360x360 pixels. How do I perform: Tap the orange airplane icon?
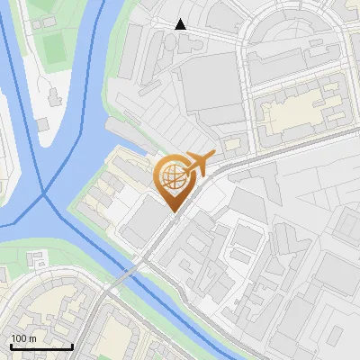[x=200, y=164]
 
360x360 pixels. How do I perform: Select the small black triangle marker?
[x=181, y=24]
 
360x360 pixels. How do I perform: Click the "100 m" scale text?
[x=24, y=338]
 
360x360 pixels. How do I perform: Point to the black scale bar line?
[x=41, y=346]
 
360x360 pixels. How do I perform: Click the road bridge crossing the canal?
[x=131, y=271]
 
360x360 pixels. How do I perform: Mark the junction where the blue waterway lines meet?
[x=45, y=193]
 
